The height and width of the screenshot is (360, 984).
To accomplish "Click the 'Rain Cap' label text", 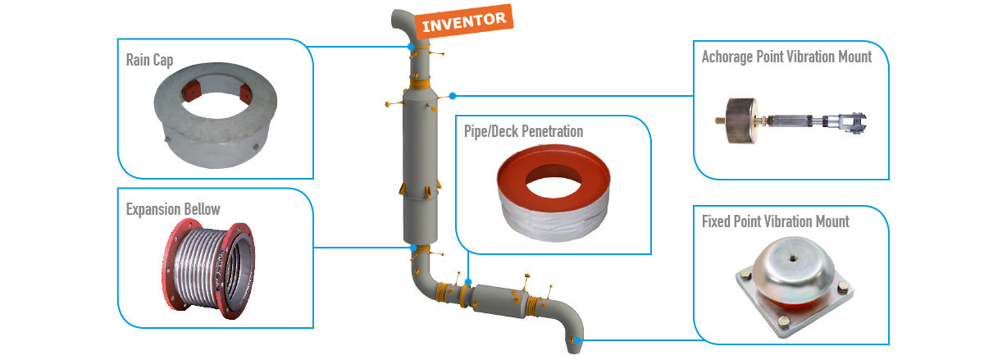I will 149,60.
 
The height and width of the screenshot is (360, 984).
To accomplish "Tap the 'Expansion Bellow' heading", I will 173,209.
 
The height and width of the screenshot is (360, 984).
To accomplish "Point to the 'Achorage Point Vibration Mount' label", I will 786,57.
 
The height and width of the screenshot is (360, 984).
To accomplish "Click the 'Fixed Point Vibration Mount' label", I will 775,221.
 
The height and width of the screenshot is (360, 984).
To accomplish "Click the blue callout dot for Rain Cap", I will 410,47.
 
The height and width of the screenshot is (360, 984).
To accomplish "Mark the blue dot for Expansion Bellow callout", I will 412,247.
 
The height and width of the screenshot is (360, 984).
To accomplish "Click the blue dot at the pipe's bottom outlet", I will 578,340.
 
